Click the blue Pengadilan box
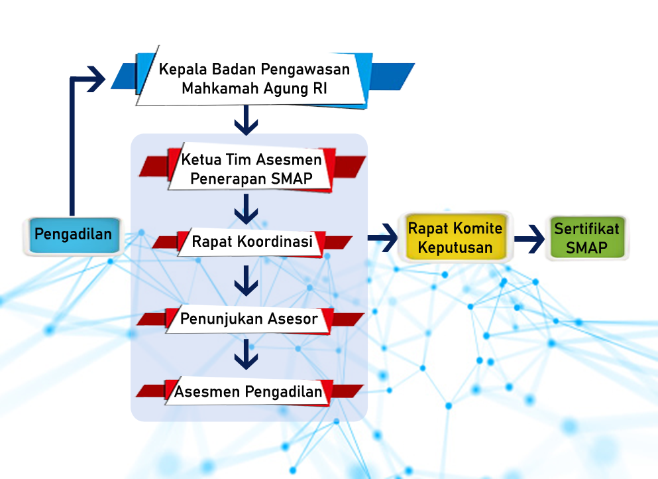tap(74, 236)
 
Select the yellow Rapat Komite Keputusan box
tap(455, 237)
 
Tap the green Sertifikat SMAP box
tap(587, 238)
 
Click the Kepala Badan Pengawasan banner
tap(262, 78)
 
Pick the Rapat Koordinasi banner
tap(252, 242)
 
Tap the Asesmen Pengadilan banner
tap(249, 391)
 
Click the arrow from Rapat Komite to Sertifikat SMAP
tap(529, 239)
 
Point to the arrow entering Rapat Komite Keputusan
tap(383, 238)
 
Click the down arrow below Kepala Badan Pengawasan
tap(247, 120)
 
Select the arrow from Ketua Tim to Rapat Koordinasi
tap(247, 209)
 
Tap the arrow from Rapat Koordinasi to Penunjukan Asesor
tap(247, 281)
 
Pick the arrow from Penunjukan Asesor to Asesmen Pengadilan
tap(247, 355)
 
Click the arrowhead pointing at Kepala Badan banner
tap(96, 79)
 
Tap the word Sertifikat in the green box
tap(586, 229)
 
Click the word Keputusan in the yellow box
tap(455, 247)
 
